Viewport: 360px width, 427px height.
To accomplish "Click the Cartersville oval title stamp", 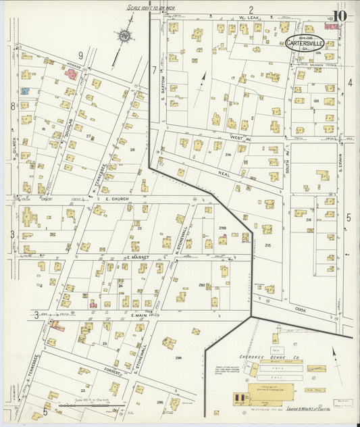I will tap(303, 43).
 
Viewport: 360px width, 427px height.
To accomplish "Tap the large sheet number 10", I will tap(340, 16).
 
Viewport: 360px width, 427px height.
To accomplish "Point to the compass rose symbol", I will tap(124, 34).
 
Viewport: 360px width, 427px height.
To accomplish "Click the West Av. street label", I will tap(236, 137).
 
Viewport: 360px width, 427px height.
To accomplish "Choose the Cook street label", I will tap(300, 310).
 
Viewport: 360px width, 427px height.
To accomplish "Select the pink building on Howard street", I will tap(71, 73).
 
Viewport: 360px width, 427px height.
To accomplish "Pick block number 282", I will tap(201, 286).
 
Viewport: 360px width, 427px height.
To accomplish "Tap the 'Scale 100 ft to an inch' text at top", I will tap(152, 8).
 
